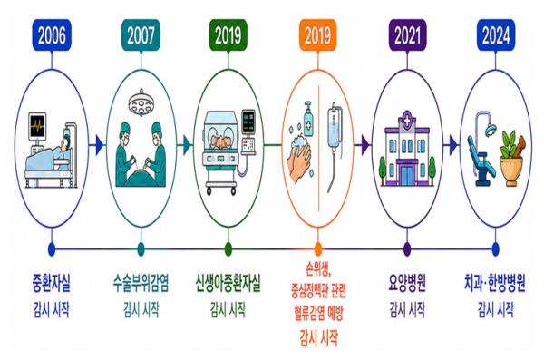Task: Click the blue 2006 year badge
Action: pyautogui.click(x=52, y=35)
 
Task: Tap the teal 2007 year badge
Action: pyautogui.click(x=141, y=35)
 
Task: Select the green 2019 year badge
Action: pyautogui.click(x=228, y=35)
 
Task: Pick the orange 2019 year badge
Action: pyautogui.click(x=318, y=35)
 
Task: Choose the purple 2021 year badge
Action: pyautogui.click(x=407, y=35)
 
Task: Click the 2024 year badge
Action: pyautogui.click(x=496, y=35)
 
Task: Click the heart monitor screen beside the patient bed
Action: pyautogui.click(x=37, y=125)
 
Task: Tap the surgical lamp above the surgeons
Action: pyautogui.click(x=141, y=102)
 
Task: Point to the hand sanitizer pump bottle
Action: pyautogui.click(x=308, y=120)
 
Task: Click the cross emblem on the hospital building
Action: pyautogui.click(x=407, y=120)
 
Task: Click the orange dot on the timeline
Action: pyautogui.click(x=318, y=248)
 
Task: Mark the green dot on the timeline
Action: pyautogui.click(x=228, y=248)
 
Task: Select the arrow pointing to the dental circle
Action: pyautogui.click(x=452, y=144)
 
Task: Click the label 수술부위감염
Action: pyautogui.click(x=141, y=283)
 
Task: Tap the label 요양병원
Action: pyautogui.click(x=407, y=283)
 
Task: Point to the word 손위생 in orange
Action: pyautogui.click(x=318, y=270)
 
